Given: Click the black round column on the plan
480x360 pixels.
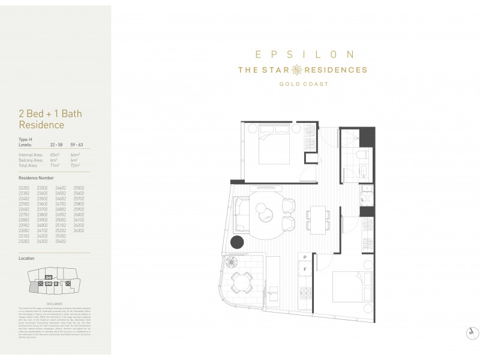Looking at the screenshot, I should point(237,242).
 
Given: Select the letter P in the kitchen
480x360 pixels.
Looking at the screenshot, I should point(305,257).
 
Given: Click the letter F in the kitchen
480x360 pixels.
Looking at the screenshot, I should point(305,270).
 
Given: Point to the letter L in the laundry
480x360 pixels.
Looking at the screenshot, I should point(364,200).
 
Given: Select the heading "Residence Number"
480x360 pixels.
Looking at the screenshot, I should point(36,178).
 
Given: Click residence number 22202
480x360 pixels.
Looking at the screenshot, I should point(25,188).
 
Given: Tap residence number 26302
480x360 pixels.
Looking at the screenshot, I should point(79,230).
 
